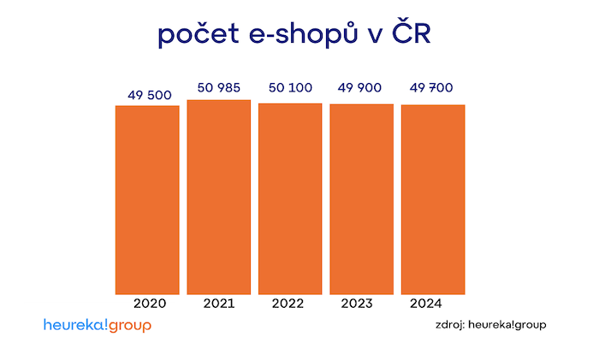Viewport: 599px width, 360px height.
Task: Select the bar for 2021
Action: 219,198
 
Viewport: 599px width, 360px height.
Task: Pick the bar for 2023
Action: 361,199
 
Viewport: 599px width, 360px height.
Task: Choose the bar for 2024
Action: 433,199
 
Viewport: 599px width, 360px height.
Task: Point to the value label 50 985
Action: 218,87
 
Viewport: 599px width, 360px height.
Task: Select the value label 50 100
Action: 290,87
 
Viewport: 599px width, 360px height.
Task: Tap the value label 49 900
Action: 361,87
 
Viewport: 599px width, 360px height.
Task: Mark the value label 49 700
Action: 433,87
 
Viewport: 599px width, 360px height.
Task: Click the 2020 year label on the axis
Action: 150,304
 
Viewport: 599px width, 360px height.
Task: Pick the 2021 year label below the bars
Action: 219,304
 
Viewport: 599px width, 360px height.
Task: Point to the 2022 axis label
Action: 288,304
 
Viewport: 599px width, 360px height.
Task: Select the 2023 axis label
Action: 357,304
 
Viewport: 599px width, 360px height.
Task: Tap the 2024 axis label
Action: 426,304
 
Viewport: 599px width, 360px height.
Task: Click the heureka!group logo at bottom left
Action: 97,326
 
